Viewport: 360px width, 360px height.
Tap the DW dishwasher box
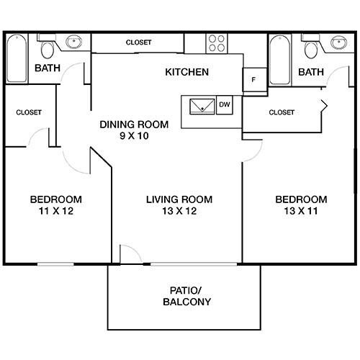click(x=224, y=105)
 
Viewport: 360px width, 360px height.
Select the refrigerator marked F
click(x=253, y=80)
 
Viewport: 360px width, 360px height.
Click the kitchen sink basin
click(x=202, y=107)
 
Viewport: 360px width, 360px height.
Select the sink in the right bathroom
click(x=336, y=43)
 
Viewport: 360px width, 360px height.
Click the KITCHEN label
click(x=187, y=72)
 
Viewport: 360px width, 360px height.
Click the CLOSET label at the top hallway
click(x=138, y=42)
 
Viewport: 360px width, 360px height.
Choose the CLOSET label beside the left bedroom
click(x=29, y=112)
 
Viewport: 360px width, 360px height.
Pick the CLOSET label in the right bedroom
click(x=281, y=112)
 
